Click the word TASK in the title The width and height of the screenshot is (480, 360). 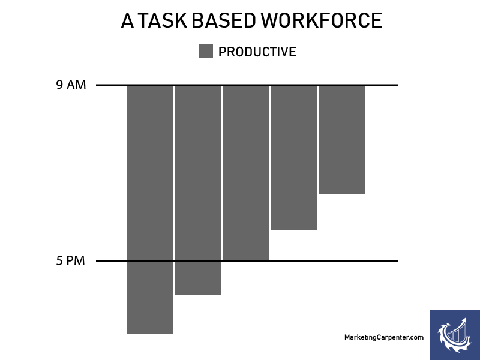click(x=163, y=20)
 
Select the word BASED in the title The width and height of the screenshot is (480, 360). click(x=224, y=20)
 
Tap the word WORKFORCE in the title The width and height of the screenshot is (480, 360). click(x=322, y=20)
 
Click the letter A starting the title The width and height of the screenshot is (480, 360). click(x=127, y=20)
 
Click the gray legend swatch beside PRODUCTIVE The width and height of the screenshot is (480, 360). click(x=206, y=51)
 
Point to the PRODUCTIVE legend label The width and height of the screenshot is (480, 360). click(x=257, y=52)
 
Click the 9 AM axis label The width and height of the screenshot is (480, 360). click(x=71, y=85)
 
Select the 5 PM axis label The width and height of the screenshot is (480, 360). click(x=70, y=261)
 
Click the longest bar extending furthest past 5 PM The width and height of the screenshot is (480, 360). click(x=150, y=209)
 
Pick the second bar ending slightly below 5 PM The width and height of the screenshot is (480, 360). click(x=198, y=190)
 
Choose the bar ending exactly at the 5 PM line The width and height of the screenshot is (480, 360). click(x=246, y=173)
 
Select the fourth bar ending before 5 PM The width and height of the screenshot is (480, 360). click(x=294, y=157)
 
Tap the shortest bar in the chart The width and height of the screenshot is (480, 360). click(x=342, y=140)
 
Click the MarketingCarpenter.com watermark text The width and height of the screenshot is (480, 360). click(x=384, y=337)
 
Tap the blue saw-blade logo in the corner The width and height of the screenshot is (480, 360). click(x=455, y=335)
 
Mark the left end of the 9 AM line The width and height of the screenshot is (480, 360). click(x=96, y=85)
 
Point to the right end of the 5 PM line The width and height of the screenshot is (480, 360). click(x=398, y=261)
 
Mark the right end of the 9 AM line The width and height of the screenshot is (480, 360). click(x=398, y=85)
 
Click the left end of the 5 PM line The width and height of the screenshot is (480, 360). click(x=96, y=261)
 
